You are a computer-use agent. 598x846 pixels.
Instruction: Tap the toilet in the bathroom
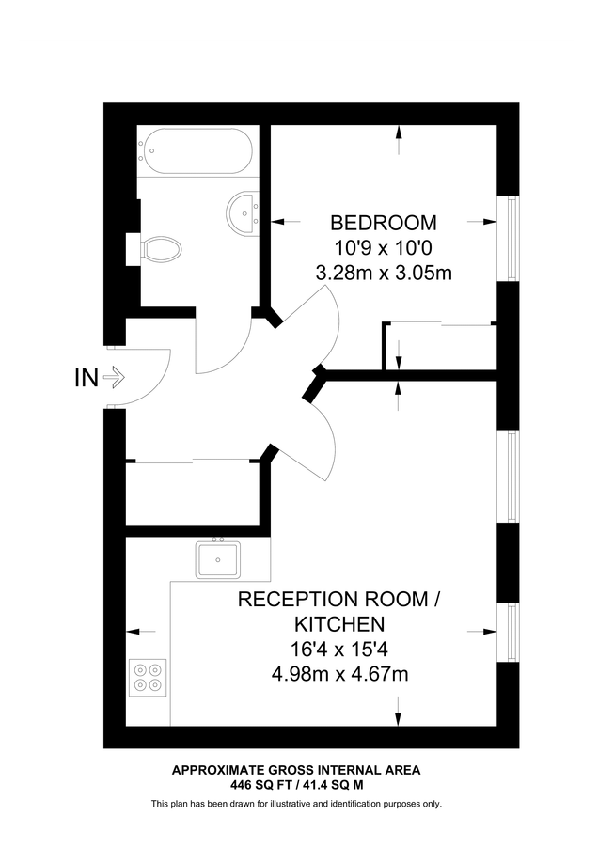coord(162,249)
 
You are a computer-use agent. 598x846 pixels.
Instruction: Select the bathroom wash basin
coord(244,211)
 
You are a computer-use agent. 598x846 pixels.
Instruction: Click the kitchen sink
coord(217,560)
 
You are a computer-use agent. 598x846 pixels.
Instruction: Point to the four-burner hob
coord(147,678)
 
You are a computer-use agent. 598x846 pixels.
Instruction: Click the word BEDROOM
coord(384,224)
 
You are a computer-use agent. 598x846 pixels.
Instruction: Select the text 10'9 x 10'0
coord(384,249)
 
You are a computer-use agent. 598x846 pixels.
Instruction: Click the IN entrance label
coord(86,378)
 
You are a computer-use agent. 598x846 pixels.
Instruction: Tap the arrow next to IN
coord(114,378)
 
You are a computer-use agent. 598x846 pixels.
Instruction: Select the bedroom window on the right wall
coord(510,239)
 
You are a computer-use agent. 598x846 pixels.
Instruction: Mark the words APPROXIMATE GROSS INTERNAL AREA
coord(295,770)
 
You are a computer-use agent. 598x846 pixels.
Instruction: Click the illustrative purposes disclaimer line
coord(295,804)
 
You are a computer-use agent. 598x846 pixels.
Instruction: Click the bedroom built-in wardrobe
coord(440,346)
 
